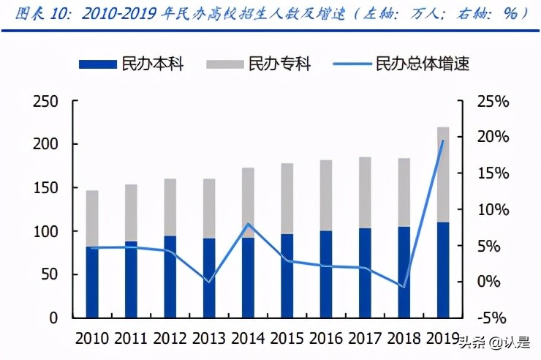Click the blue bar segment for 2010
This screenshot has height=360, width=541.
[92, 282]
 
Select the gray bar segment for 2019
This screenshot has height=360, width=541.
[443, 176]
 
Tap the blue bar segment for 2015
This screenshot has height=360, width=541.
[287, 276]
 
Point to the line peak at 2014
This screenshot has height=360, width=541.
[249, 224]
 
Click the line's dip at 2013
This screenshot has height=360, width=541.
[209, 282]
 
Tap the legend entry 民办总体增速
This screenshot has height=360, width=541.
[401, 64]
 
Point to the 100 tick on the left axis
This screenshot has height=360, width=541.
[45, 232]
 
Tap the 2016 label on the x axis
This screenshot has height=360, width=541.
[328, 339]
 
